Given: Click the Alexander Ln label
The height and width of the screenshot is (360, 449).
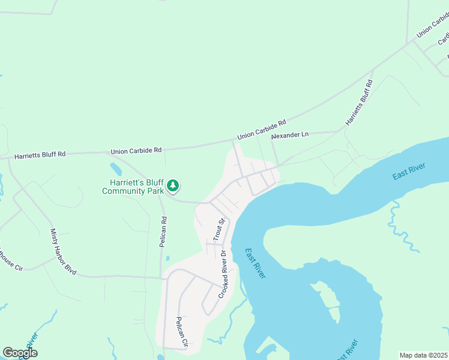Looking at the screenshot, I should [x=289, y=136].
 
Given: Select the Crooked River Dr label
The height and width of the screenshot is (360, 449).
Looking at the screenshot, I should [x=224, y=274].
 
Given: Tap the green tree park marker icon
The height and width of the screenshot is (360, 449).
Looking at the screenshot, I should [x=173, y=185].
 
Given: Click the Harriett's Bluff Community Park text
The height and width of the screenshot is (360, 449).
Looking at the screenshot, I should [x=133, y=187].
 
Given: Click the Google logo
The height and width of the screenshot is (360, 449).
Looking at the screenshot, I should [x=20, y=352].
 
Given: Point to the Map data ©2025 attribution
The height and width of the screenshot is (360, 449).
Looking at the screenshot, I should [x=423, y=355].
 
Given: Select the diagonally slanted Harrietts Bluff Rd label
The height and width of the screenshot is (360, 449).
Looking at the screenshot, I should [x=359, y=103].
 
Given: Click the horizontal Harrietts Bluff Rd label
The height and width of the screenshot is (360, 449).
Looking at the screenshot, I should [x=40, y=154].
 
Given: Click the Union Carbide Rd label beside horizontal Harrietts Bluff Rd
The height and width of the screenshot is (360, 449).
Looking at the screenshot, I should [x=136, y=150].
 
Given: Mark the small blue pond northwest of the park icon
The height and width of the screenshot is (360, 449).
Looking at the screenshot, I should [x=116, y=169].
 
